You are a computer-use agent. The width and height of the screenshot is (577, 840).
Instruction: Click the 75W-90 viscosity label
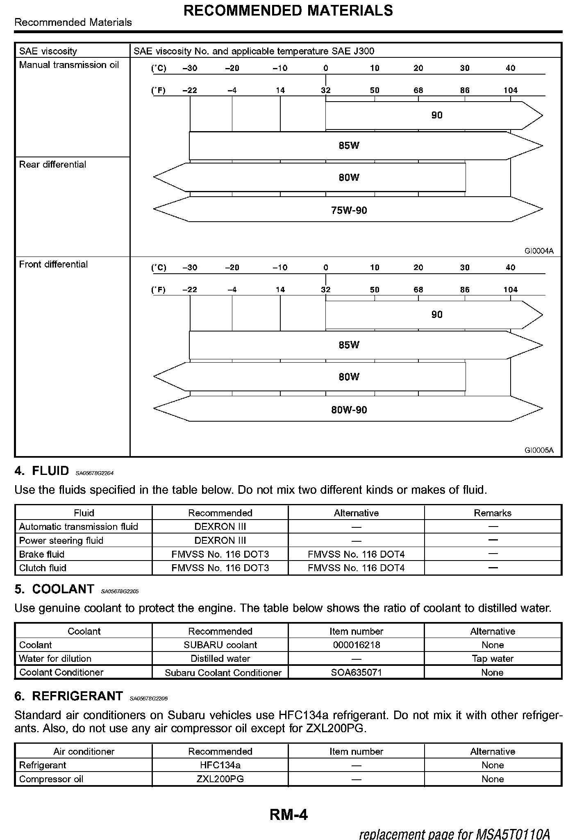tap(349, 211)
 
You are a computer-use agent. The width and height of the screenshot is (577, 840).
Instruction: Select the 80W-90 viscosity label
tap(349, 410)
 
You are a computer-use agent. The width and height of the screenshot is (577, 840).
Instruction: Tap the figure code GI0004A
tap(539, 251)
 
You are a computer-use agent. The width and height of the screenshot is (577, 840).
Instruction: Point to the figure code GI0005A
tap(539, 450)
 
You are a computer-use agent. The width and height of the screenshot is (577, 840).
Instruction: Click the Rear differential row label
tap(52, 165)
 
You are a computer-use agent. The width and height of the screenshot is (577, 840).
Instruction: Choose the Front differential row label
tap(53, 264)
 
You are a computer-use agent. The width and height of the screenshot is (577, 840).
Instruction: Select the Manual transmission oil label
tap(69, 65)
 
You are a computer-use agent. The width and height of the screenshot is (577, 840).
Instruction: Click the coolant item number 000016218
tap(357, 645)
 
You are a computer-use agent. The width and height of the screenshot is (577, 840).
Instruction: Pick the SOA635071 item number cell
tap(357, 672)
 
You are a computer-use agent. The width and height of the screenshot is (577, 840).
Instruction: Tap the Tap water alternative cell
tap(493, 658)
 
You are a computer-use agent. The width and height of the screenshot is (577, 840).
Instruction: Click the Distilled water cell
tap(220, 658)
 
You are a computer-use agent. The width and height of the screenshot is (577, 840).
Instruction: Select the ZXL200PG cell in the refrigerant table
tap(220, 779)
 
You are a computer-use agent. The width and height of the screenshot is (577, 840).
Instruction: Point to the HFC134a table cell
tap(220, 765)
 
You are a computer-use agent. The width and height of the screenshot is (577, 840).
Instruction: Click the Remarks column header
tap(493, 513)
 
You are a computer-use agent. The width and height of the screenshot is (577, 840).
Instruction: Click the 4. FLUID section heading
tap(42, 471)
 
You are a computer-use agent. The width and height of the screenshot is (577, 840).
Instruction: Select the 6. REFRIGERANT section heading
tap(69, 696)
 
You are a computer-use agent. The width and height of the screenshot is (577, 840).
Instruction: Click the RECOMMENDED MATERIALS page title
tap(288, 11)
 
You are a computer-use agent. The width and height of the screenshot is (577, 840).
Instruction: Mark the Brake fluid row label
tap(42, 554)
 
